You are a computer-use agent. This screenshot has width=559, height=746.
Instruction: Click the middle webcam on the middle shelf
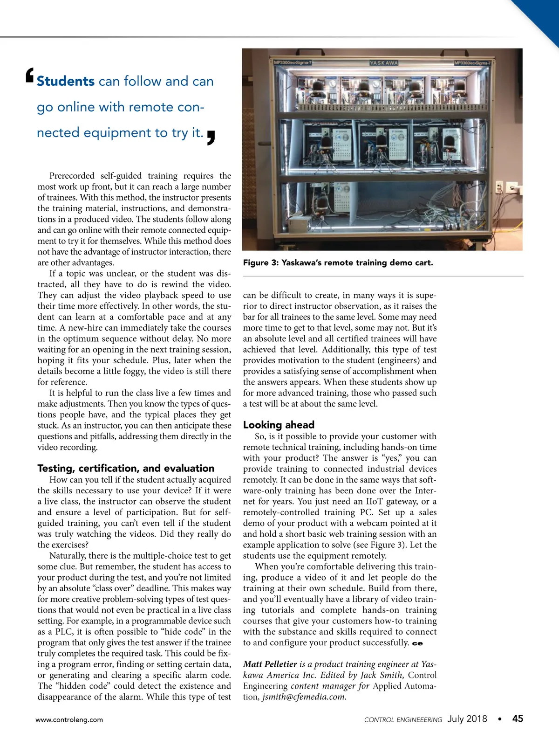coord(381,142)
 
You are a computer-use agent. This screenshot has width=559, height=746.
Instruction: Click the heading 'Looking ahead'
coord(279,425)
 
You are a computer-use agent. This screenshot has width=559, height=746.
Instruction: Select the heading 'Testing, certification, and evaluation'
coord(126,468)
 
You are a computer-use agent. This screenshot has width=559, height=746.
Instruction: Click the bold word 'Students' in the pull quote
coord(66,82)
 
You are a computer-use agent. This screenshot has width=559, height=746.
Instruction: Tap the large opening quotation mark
coord(29,76)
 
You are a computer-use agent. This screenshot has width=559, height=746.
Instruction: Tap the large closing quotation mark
coord(211,137)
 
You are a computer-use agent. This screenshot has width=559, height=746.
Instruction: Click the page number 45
coord(518,719)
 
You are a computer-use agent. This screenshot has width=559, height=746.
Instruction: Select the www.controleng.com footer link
coord(69,719)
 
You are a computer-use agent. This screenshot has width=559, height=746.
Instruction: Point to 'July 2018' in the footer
coord(467,719)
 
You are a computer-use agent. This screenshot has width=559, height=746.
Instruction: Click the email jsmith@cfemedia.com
coord(304,697)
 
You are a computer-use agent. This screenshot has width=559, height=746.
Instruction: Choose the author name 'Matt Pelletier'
coord(270,664)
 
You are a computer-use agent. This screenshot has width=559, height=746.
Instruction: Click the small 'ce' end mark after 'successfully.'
coord(417,643)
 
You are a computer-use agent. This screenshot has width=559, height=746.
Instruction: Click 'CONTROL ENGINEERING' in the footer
coord(403,720)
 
